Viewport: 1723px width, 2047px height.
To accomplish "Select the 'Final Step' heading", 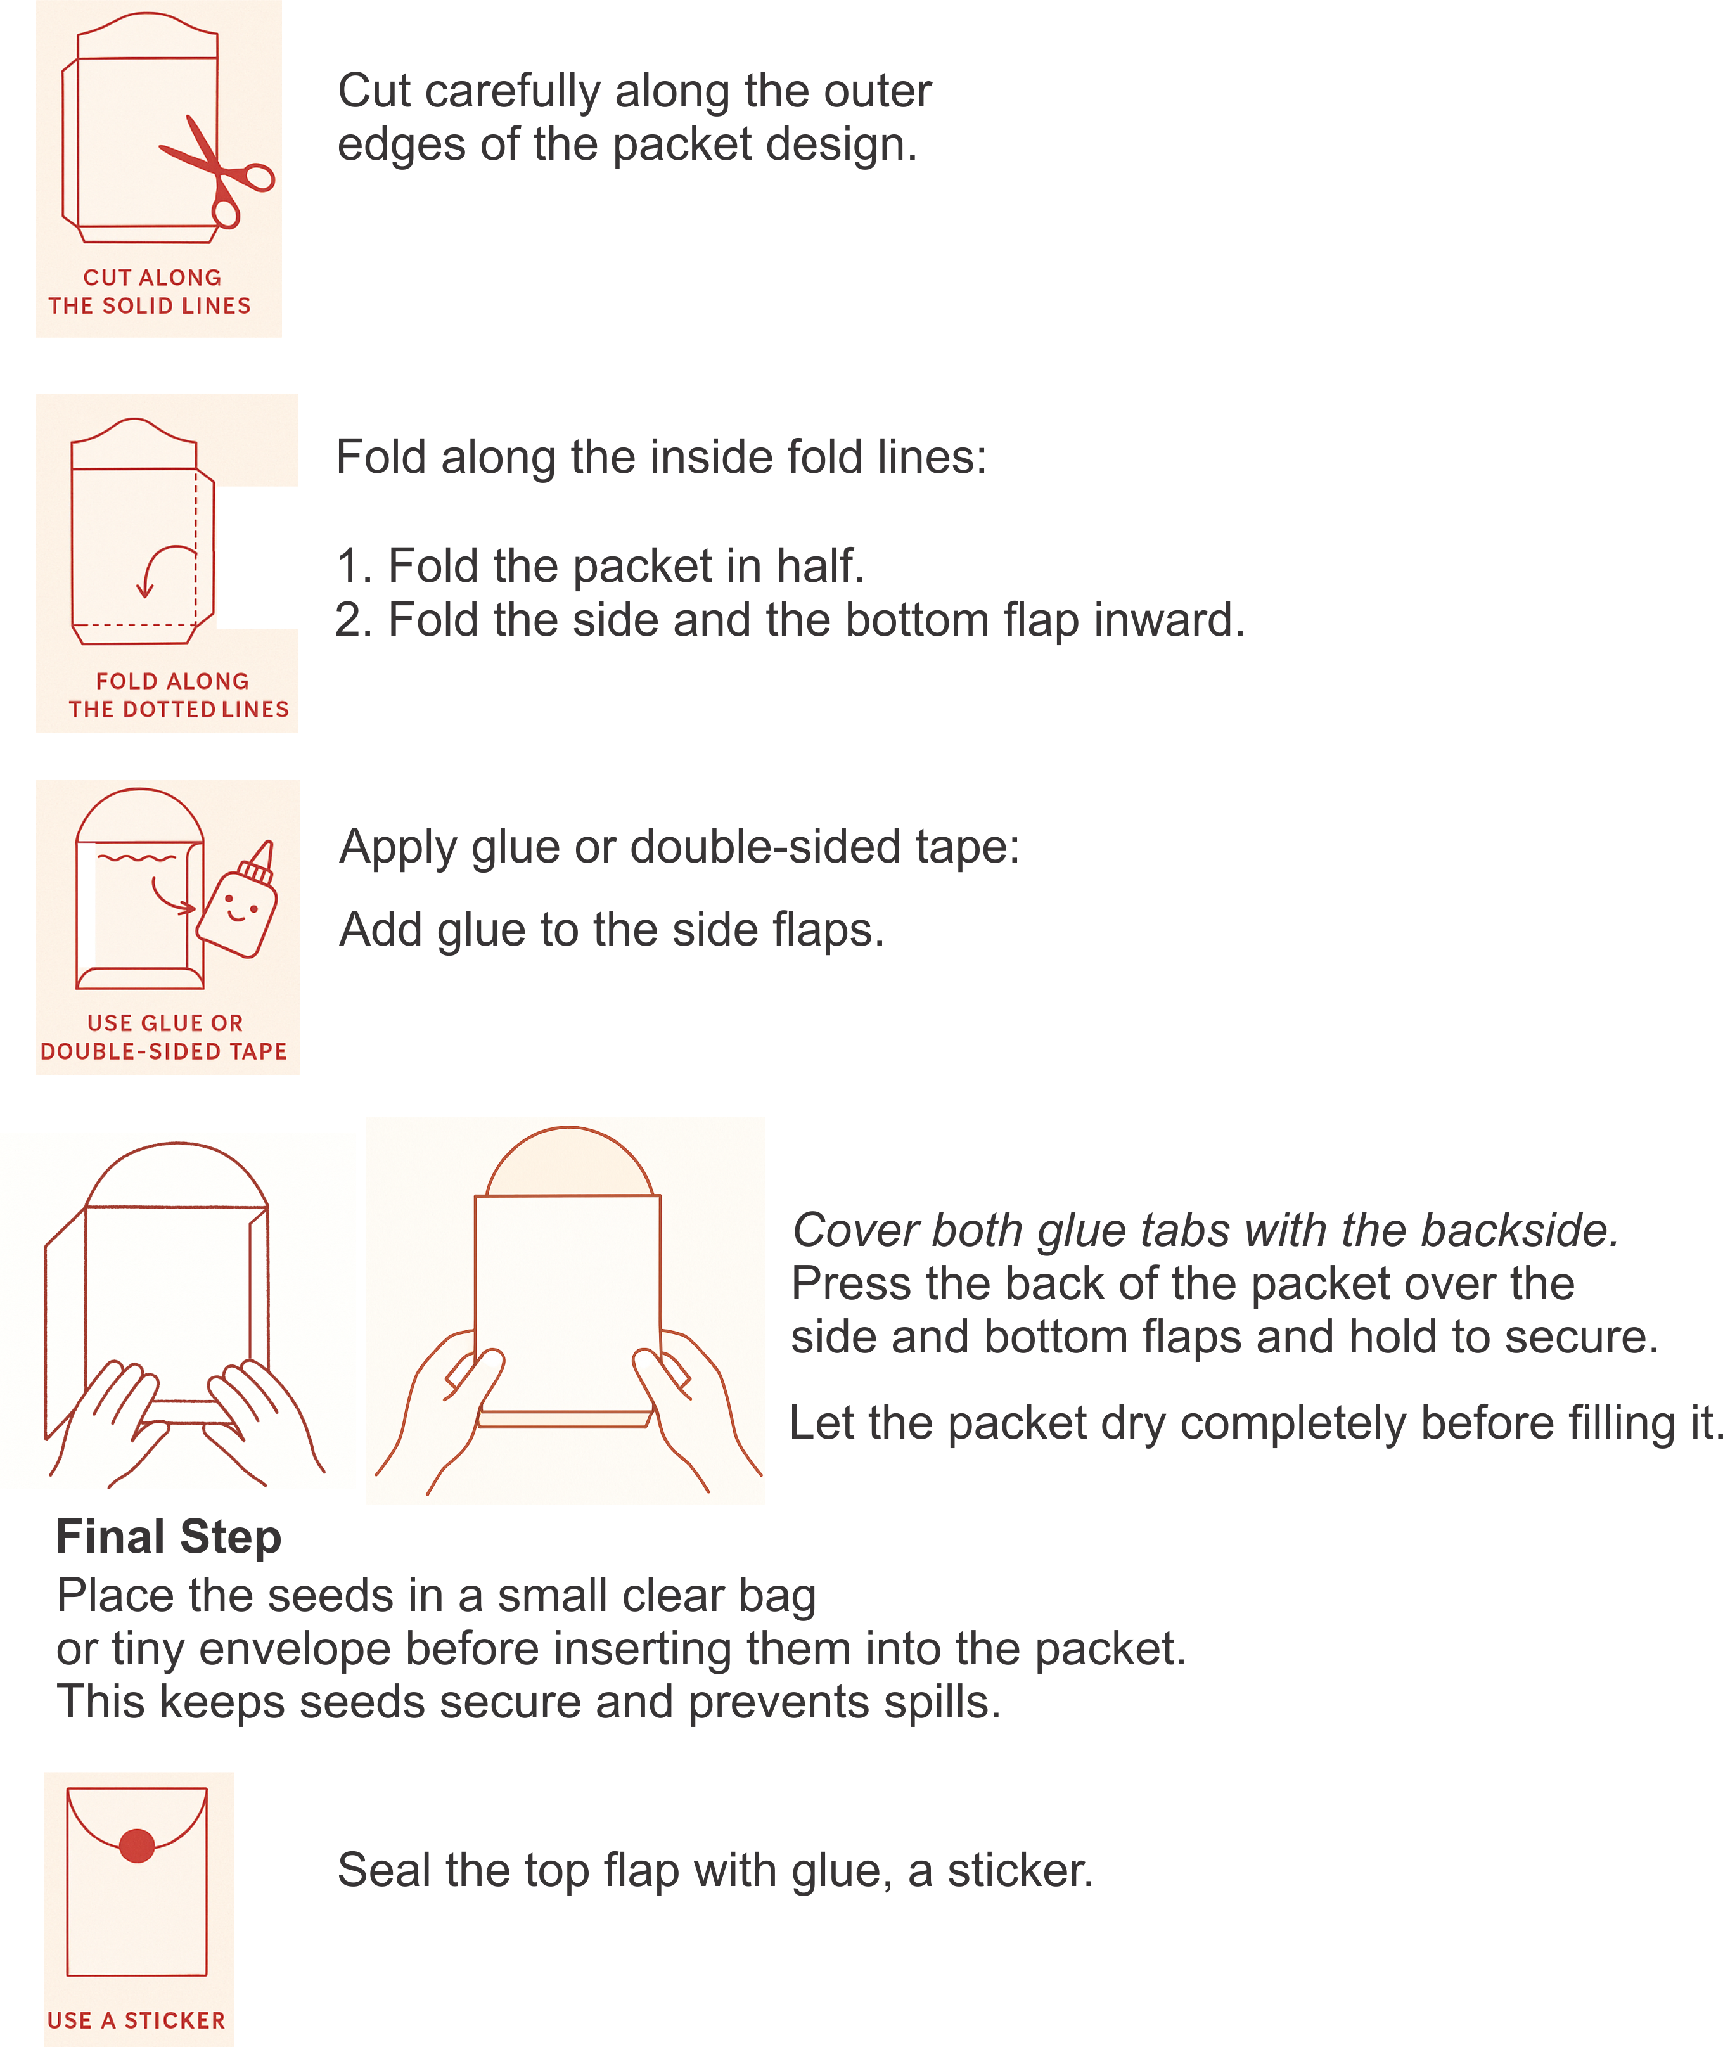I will (x=168, y=1537).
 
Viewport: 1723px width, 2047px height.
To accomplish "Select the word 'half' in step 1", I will (x=819, y=567).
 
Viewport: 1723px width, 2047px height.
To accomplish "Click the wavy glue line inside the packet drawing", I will (x=137, y=859).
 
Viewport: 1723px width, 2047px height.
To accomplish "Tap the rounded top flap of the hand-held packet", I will (x=568, y=1164).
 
